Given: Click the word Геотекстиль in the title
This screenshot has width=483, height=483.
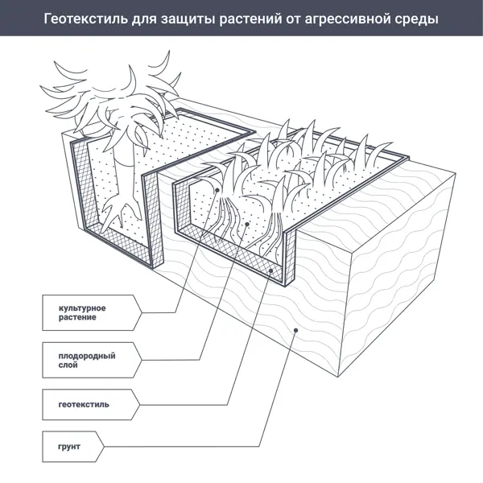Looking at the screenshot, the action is pos(85,19).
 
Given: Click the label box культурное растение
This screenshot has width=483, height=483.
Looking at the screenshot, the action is pos(92,312).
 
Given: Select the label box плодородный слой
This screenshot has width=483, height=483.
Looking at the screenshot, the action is pos(92,360).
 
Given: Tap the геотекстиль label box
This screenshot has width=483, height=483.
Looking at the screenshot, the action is pos(91,404).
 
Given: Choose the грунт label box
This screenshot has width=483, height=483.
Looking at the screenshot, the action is pos(73,447).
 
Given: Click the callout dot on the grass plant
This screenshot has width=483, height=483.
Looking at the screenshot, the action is pos(217,190).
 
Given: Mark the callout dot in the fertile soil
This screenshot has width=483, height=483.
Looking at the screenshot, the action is pos(247,224).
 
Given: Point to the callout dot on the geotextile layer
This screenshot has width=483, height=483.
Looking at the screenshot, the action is pos(270,270).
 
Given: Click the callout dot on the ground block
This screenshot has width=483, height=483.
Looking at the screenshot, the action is pos(295,330).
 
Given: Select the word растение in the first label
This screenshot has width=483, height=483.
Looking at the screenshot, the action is pos(77,318).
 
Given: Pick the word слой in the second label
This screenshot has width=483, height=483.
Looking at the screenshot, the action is pos(68,365).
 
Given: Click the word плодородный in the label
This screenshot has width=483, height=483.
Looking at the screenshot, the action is pos(87,356).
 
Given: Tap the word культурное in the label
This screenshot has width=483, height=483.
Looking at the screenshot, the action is pos(82,308).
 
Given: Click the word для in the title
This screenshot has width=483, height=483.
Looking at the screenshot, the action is pos(144,19).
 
